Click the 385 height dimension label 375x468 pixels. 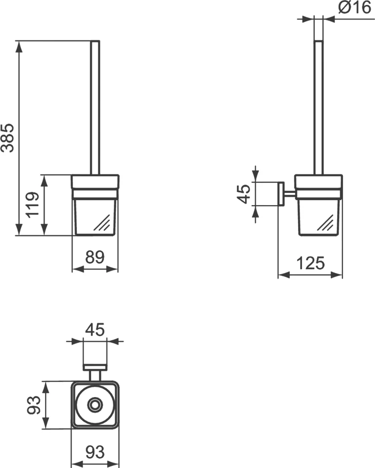pyautogui.click(x=8, y=138)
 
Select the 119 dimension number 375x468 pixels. pyautogui.click(x=33, y=206)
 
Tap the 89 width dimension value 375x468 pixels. pyautogui.click(x=95, y=258)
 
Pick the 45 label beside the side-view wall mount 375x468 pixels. pyautogui.click(x=245, y=193)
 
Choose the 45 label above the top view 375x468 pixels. pyautogui.click(x=95, y=330)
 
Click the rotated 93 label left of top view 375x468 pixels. pyautogui.click(x=33, y=405)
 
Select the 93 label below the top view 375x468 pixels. pyautogui.click(x=95, y=452)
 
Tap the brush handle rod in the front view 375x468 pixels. pyautogui.click(x=95, y=107)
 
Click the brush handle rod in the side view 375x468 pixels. pyautogui.click(x=319, y=107)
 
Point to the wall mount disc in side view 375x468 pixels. pyautogui.click(x=281, y=194)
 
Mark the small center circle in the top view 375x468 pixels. pyautogui.click(x=95, y=405)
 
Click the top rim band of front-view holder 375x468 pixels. pyautogui.click(x=95, y=181)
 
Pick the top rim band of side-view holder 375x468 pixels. pyautogui.click(x=319, y=181)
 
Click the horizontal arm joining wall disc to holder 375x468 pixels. pyautogui.click(x=289, y=194)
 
